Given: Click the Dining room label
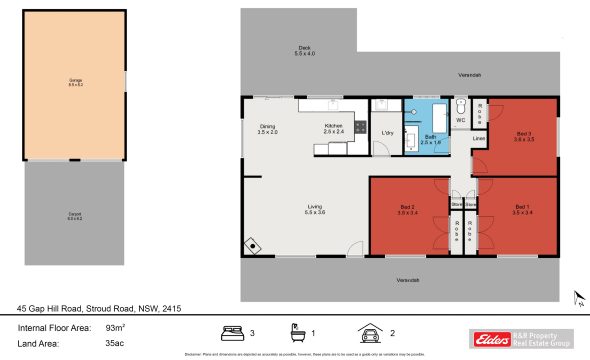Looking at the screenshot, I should click(267, 129).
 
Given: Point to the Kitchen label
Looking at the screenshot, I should click(333, 129).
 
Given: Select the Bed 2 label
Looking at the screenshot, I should click(406, 211).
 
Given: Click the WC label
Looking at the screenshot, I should click(461, 121).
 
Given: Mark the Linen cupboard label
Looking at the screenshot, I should click(479, 138).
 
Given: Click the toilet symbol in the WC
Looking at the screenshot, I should click(461, 106).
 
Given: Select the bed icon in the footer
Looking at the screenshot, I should click(232, 332).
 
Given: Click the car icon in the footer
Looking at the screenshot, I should click(370, 332).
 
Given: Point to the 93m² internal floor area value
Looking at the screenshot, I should click(115, 327).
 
